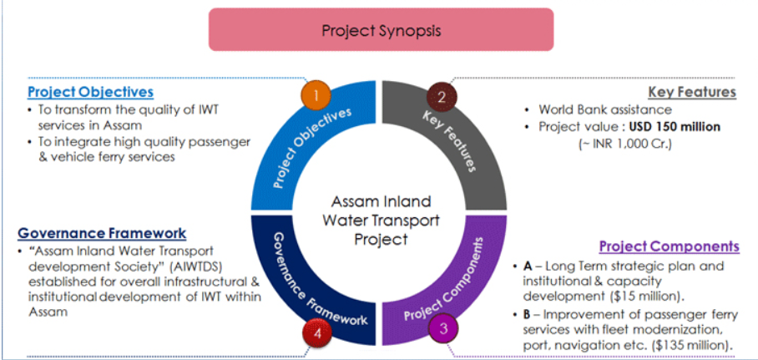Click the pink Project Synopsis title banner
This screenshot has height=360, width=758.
pyautogui.click(x=381, y=29)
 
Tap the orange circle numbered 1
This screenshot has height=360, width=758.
pyautogui.click(x=316, y=94)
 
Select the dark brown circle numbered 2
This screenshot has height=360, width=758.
pyautogui.click(x=441, y=97)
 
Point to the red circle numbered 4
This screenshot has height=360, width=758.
pyautogui.click(x=317, y=332)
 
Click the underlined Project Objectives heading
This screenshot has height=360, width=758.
pyautogui.click(x=90, y=92)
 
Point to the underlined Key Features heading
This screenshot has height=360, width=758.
pyautogui.click(x=692, y=92)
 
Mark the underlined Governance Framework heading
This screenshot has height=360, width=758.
pyautogui.click(x=102, y=233)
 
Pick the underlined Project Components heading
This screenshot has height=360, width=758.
pyautogui.click(x=670, y=246)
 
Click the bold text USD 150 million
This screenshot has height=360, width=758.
pyautogui.click(x=675, y=127)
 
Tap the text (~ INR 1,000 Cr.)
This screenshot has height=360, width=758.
pyautogui.click(x=625, y=145)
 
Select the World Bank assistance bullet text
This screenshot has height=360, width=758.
pyautogui.click(x=605, y=109)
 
